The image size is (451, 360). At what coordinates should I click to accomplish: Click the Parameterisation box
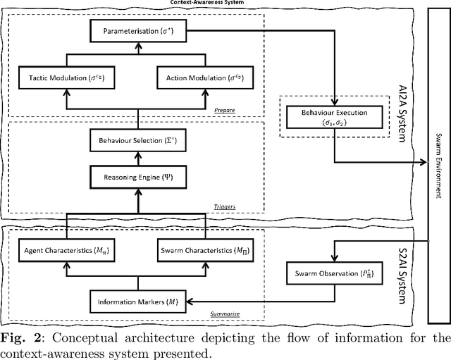(135, 30)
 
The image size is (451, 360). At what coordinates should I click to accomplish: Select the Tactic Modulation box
(65, 77)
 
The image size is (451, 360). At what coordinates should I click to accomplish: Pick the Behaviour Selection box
(135, 142)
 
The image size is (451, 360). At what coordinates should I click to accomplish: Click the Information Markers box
(135, 303)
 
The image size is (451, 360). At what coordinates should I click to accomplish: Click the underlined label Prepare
(225, 110)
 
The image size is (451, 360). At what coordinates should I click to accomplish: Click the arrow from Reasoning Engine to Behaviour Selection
(135, 158)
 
